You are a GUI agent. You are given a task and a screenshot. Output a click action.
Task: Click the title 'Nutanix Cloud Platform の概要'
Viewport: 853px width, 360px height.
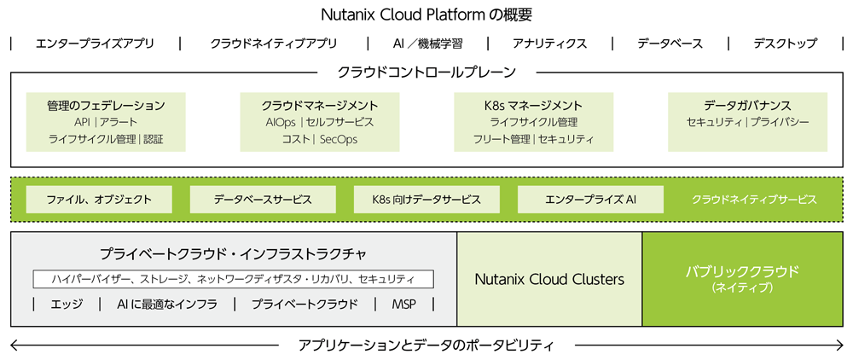point(426,15)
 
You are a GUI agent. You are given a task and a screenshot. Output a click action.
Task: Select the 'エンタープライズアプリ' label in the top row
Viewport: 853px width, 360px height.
point(95,44)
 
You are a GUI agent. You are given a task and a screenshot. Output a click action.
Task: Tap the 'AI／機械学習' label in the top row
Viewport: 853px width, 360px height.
point(426,44)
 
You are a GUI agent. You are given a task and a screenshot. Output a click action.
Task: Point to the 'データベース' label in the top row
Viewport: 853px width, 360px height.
point(670,44)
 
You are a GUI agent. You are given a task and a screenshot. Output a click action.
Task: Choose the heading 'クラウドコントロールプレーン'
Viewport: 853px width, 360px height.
point(426,73)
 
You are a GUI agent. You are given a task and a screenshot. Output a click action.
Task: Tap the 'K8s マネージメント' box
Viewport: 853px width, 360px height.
point(533,122)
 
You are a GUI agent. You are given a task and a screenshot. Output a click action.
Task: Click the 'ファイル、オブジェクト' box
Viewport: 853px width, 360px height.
point(99,200)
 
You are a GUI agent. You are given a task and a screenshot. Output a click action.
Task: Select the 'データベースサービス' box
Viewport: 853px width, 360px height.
point(263,200)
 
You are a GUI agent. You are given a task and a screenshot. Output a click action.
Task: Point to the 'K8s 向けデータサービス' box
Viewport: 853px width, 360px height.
point(426,200)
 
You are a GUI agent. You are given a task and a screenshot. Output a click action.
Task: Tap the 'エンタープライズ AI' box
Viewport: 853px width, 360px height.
point(590,200)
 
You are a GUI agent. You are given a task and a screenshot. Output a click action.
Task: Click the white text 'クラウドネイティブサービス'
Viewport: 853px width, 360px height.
point(754,200)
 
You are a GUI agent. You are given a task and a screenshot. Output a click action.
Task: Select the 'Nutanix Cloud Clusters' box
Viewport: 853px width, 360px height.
point(549,279)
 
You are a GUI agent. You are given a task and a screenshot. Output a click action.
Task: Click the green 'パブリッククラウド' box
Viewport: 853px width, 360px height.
point(742,279)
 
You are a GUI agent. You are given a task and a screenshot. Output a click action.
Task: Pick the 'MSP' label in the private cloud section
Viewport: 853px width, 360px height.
point(403,305)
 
